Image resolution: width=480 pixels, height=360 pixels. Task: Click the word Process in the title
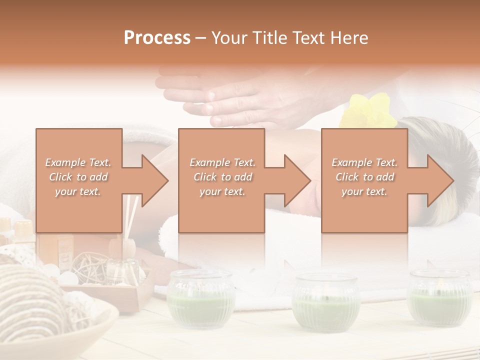(157, 37)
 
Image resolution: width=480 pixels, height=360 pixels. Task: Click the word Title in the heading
(267, 37)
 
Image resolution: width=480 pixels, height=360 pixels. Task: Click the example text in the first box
(78, 177)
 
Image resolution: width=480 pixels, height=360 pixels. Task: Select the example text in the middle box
(222, 177)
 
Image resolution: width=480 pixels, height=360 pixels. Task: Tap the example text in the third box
(364, 177)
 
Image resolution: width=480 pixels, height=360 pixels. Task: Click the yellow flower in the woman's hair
(367, 110)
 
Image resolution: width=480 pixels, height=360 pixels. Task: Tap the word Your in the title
(228, 37)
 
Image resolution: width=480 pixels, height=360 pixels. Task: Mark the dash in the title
(201, 38)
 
